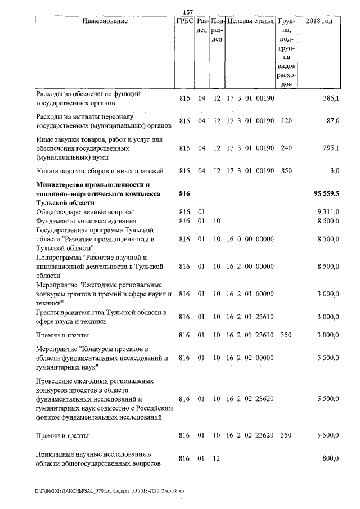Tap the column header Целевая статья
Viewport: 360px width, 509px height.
tap(250, 21)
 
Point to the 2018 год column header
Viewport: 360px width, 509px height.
tap(319, 21)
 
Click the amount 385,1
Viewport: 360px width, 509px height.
tap(331, 98)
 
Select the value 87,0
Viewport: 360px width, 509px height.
tap(333, 121)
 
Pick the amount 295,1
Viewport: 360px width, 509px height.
tap(331, 148)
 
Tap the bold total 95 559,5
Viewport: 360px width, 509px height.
tap(327, 193)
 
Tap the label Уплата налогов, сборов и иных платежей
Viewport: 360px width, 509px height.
tap(100, 171)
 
